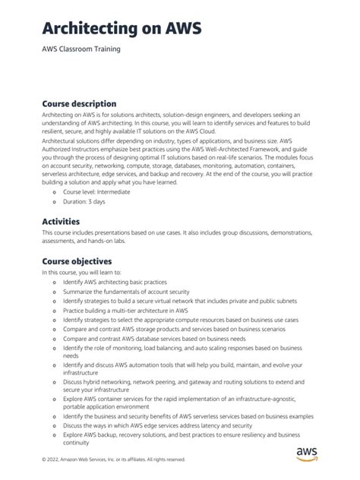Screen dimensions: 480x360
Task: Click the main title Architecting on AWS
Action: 122,29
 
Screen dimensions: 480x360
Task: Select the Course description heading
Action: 79,103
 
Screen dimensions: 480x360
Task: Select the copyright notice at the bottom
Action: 114,459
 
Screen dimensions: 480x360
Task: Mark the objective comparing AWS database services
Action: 162,339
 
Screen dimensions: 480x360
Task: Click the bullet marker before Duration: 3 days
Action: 54,202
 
